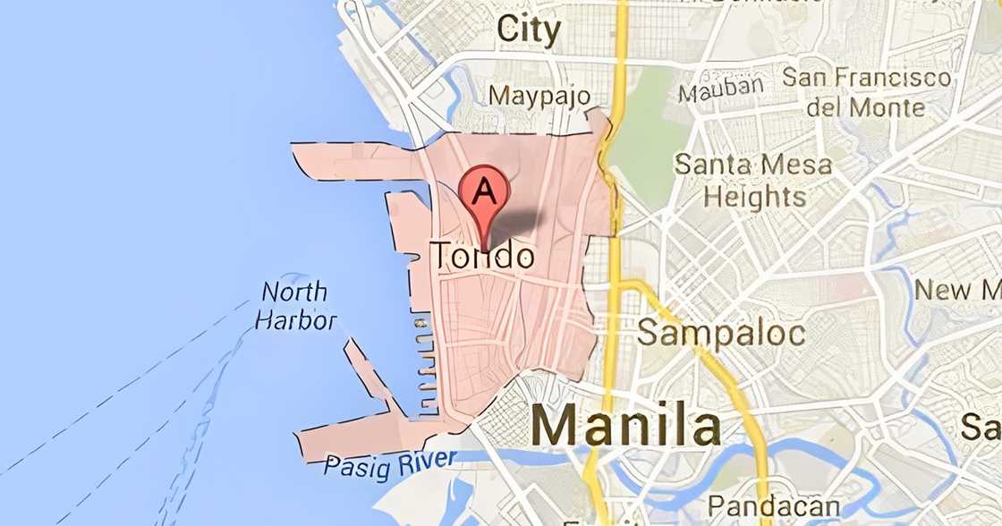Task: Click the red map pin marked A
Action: click(484, 199)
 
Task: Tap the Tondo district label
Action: click(484, 258)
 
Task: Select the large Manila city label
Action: click(625, 425)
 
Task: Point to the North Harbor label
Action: click(295, 306)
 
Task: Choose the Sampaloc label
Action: click(720, 334)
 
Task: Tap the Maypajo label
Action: click(539, 95)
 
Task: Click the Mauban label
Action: click(721, 89)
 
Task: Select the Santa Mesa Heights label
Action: click(752, 180)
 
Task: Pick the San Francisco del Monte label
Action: click(866, 92)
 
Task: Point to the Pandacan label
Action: click(774, 507)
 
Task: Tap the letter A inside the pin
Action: click(484, 190)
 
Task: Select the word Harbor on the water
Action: click(295, 320)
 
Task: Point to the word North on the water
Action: click(294, 293)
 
